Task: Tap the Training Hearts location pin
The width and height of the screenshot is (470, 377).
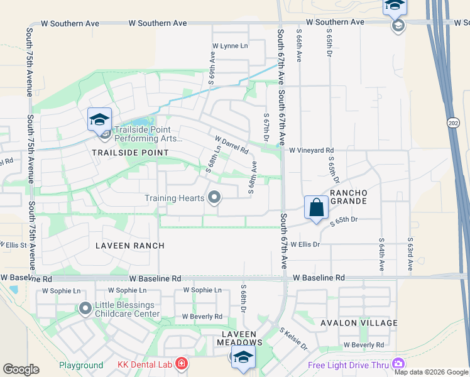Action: tap(214, 198)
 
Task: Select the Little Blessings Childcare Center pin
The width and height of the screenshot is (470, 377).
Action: tap(85, 308)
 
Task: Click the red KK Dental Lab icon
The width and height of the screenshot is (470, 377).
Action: tap(181, 364)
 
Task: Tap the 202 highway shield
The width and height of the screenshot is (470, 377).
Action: tap(453, 123)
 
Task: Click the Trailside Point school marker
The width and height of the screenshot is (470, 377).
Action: tap(100, 119)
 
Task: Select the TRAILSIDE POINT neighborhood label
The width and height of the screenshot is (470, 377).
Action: tap(131, 153)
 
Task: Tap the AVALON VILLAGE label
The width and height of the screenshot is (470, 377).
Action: tap(359, 323)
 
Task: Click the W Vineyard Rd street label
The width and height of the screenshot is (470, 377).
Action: tap(311, 150)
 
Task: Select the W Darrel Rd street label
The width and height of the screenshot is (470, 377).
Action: tap(232, 145)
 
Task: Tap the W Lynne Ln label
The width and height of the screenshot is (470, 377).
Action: tap(230, 46)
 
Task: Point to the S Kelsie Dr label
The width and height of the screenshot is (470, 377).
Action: tap(293, 339)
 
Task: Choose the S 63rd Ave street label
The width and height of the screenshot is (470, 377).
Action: tap(410, 253)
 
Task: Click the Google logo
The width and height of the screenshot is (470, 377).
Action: tap(21, 369)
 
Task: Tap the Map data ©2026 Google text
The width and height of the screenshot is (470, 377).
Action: tap(431, 372)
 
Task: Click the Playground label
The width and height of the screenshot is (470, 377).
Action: tap(81, 365)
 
